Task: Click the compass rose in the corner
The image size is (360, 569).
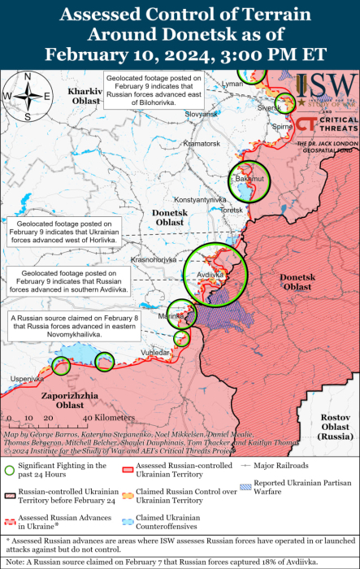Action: (x=27, y=96)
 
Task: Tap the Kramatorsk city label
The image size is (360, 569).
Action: (x=202, y=143)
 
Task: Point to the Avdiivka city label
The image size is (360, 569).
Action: (x=210, y=275)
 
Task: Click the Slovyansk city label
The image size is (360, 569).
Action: (x=202, y=115)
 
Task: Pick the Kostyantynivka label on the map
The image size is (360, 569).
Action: (x=199, y=199)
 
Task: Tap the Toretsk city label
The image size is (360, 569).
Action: (x=232, y=210)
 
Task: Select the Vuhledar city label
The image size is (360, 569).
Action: (x=156, y=353)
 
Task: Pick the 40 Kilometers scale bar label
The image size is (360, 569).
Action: (x=91, y=417)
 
